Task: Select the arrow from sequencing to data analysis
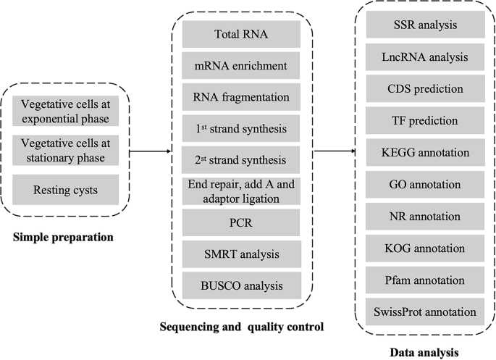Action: pyautogui.click(x=334, y=151)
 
